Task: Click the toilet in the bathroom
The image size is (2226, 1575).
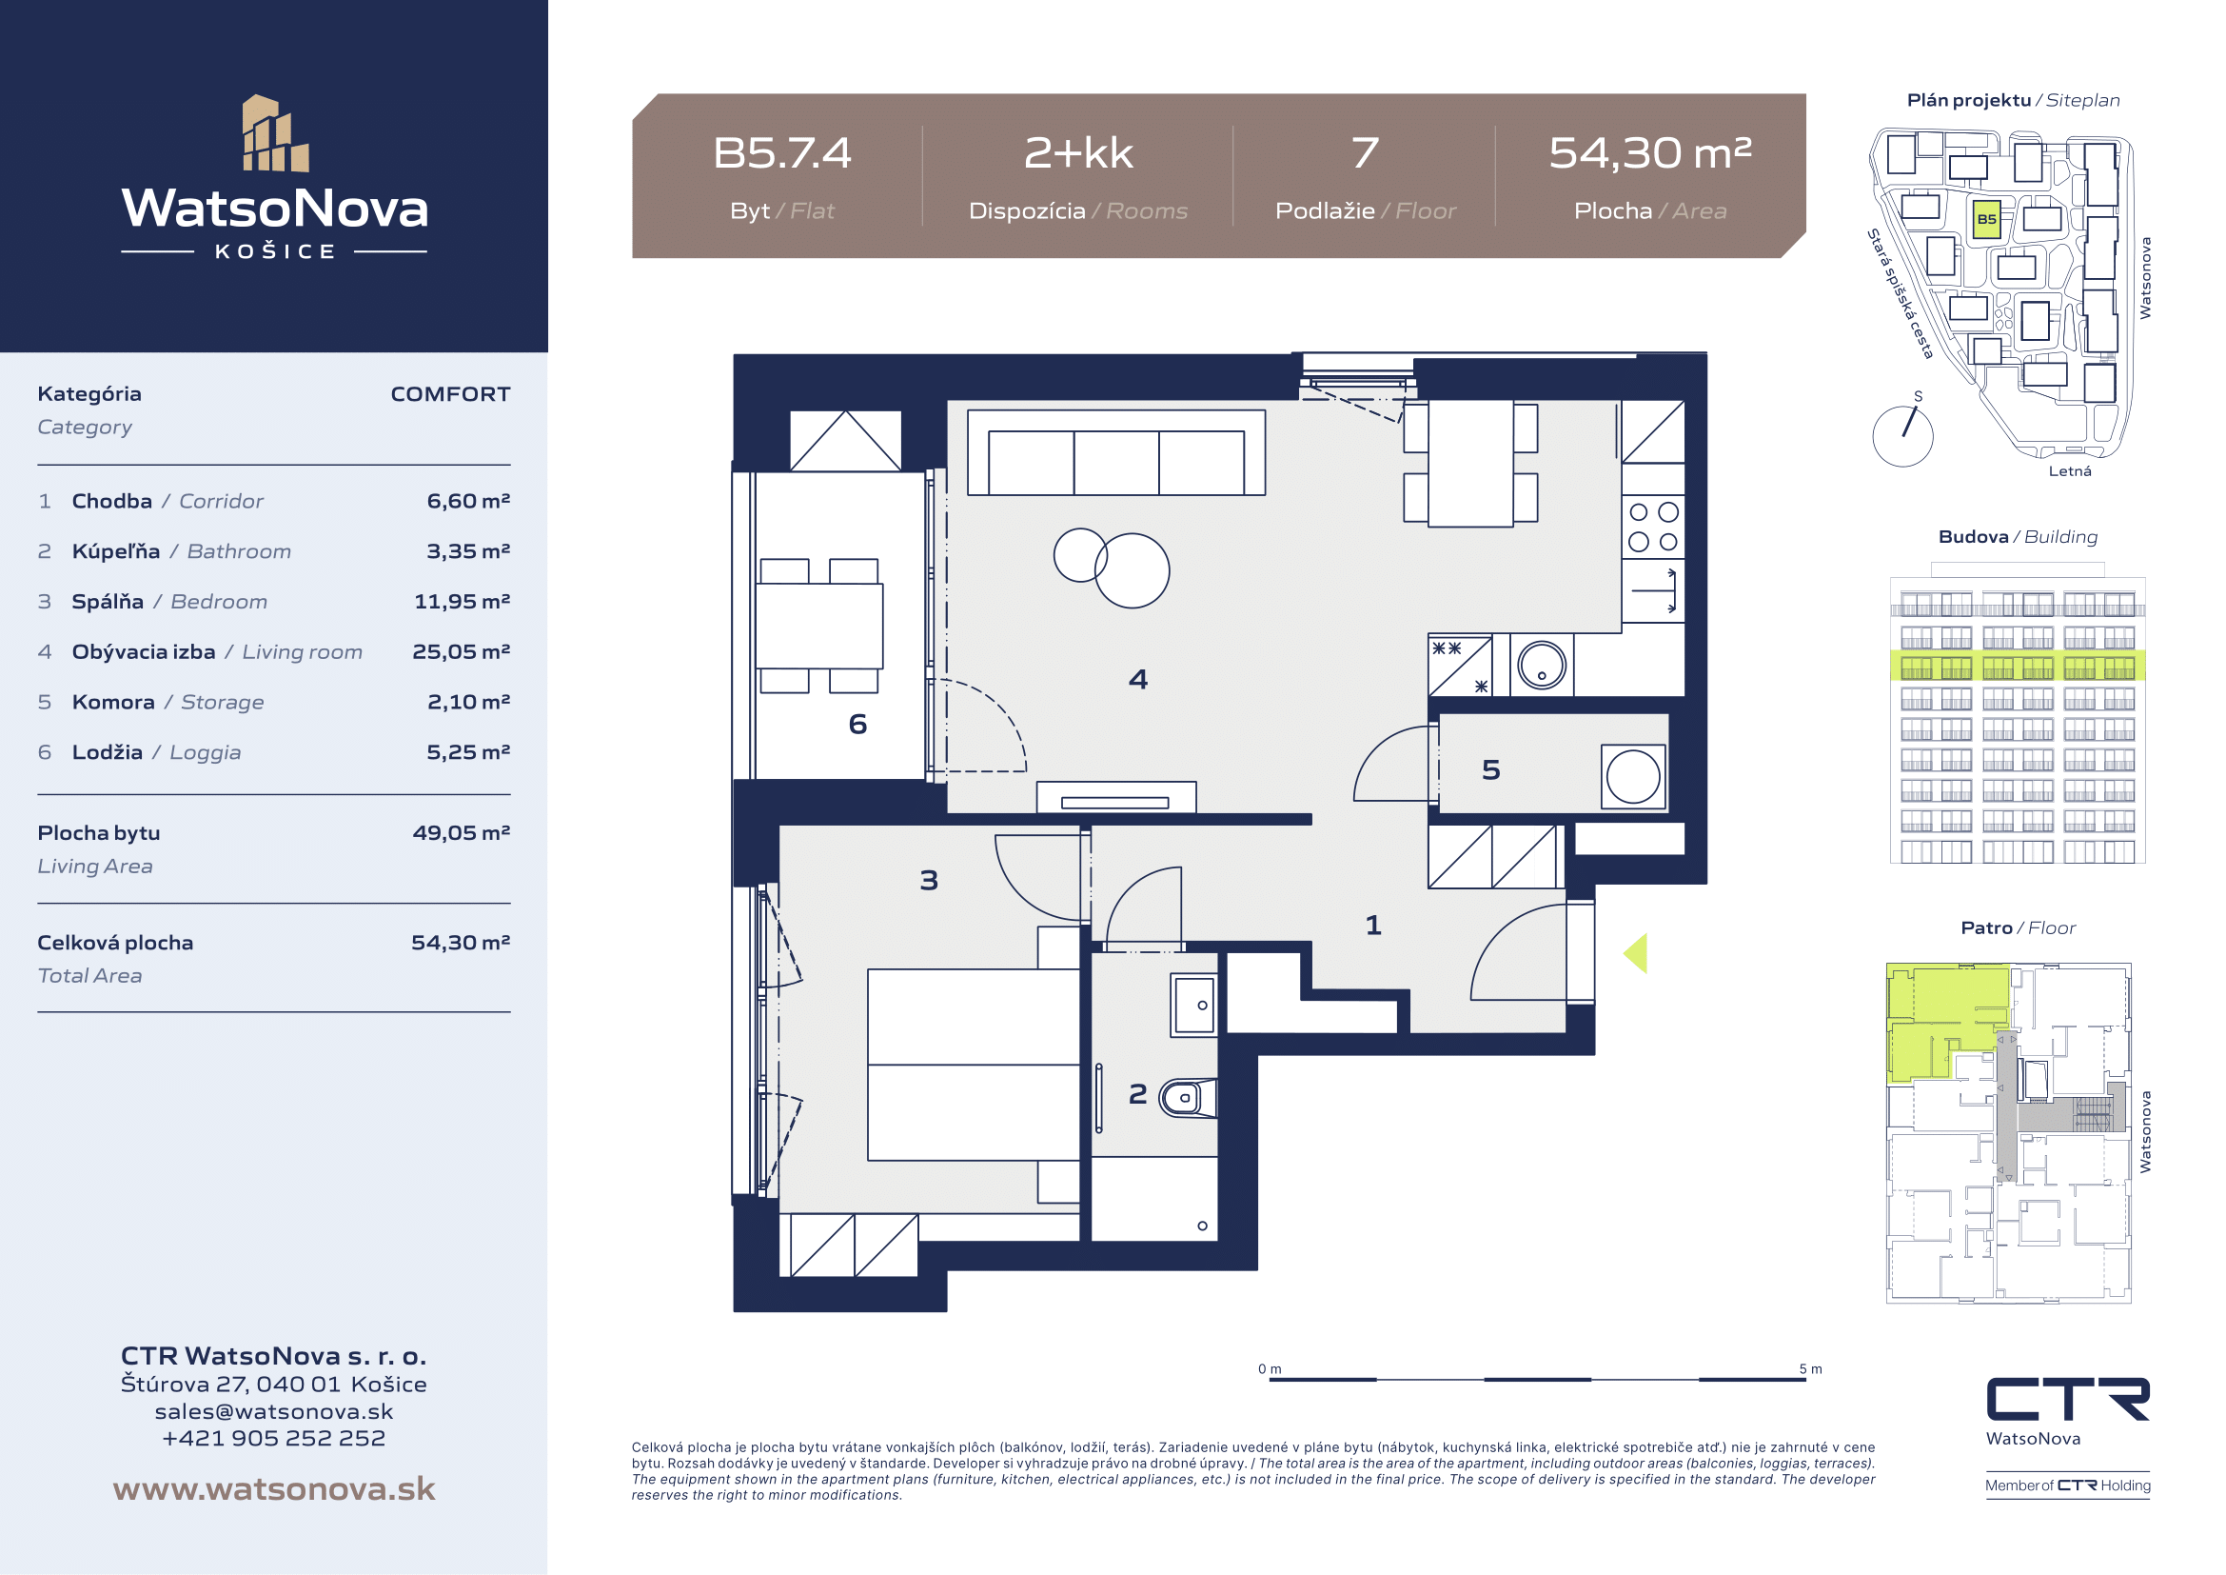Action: point(1188,1098)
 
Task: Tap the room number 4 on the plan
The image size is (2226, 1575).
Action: point(1138,679)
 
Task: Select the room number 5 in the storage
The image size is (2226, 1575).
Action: point(1491,770)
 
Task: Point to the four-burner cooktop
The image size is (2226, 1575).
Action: point(1653,527)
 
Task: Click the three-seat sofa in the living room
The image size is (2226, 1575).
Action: point(1116,453)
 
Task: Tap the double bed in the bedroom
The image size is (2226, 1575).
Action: point(973,1065)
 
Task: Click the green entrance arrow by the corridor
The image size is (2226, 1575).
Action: point(1636,953)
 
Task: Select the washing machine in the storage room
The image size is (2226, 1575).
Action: point(1633,777)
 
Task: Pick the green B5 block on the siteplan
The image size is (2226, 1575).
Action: point(1986,219)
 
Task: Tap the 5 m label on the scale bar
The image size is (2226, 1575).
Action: point(1810,1369)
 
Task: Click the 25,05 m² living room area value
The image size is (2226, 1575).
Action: point(462,651)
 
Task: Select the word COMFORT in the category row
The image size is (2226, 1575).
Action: point(450,394)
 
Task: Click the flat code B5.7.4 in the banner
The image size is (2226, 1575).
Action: point(781,153)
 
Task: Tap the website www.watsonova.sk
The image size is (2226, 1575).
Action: point(274,1488)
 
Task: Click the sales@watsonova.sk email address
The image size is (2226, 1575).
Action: point(274,1411)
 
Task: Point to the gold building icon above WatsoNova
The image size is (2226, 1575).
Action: point(275,133)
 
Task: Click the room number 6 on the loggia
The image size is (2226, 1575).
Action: point(857,725)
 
